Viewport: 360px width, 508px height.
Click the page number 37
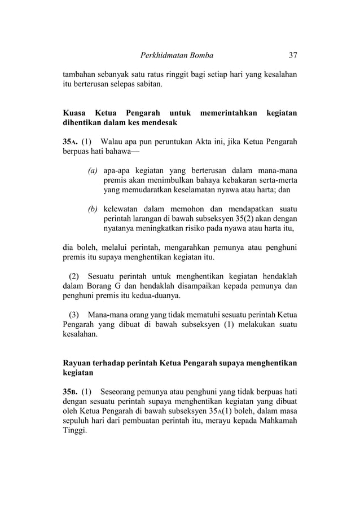pyautogui.click(x=292, y=56)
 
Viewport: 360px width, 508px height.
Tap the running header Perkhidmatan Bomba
pyautogui.click(x=176, y=56)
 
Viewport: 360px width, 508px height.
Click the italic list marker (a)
pyautogui.click(x=93, y=171)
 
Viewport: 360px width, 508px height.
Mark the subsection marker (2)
pyautogui.click(x=74, y=276)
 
